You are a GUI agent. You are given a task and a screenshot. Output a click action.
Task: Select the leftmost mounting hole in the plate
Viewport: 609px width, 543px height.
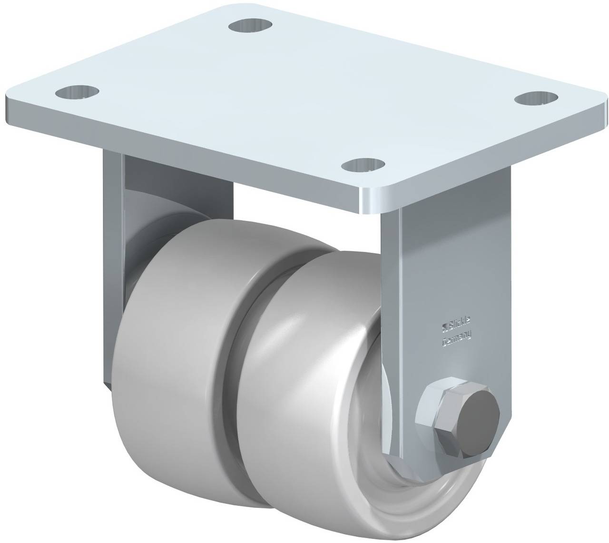click(77, 92)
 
